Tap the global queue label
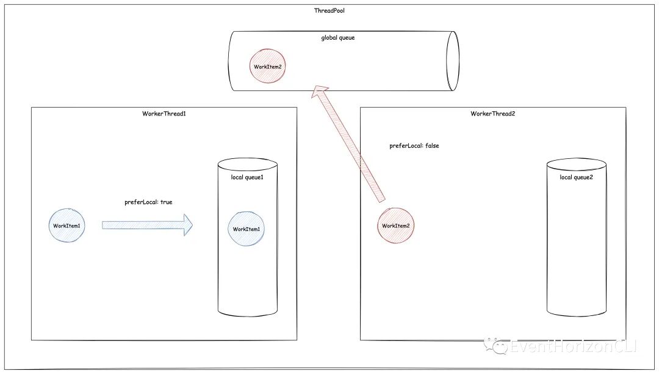[x=337, y=38]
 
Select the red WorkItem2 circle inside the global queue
[x=268, y=66]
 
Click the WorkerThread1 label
[x=164, y=114]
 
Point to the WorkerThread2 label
[x=493, y=114]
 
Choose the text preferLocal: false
[x=414, y=146]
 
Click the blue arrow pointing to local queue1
[x=146, y=226]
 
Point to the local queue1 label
[x=247, y=178]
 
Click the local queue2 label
[x=576, y=178]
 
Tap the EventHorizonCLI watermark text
[x=574, y=346]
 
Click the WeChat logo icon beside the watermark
[x=495, y=346]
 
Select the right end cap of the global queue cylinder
[x=452, y=61]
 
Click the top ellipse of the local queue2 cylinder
[x=576, y=165]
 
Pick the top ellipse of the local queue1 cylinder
[x=247, y=165]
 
